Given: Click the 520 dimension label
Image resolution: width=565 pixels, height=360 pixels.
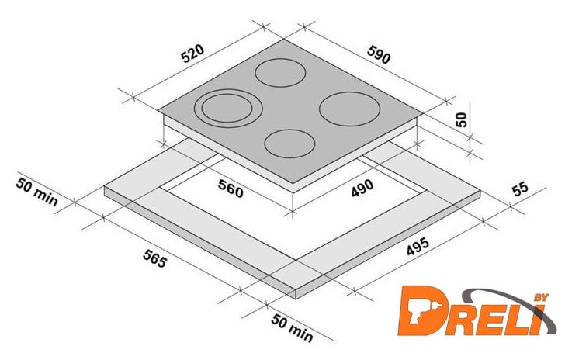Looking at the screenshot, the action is [192, 54].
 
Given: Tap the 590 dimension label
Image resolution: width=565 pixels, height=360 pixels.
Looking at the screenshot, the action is [379, 54].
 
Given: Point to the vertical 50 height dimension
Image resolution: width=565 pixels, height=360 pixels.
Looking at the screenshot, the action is [461, 119].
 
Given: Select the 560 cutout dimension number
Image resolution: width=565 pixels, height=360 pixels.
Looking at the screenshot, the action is [231, 189].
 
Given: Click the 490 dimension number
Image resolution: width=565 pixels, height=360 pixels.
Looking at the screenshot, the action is [362, 188].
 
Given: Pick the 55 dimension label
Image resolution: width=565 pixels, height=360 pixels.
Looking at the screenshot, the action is [520, 189].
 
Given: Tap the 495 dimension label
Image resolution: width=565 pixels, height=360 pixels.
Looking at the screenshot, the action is [418, 246].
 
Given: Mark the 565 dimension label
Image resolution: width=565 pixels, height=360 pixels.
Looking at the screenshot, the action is [155, 258].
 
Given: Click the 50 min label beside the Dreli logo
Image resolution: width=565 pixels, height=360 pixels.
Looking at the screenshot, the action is [293, 327].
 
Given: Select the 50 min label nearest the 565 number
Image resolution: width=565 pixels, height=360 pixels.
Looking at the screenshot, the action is [36, 192].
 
